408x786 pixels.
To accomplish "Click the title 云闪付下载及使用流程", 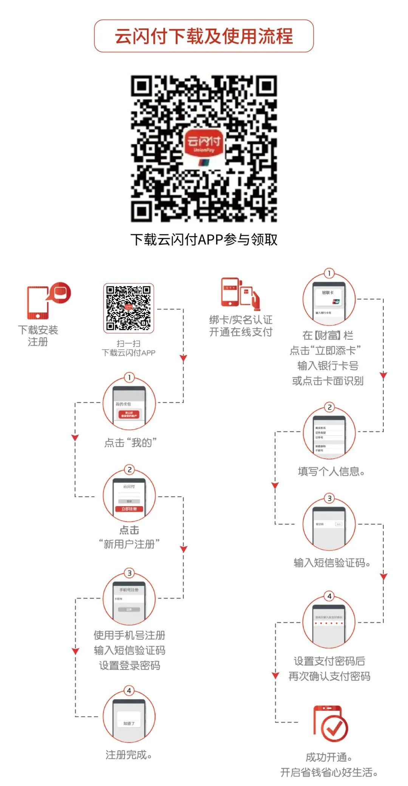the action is coord(204,36).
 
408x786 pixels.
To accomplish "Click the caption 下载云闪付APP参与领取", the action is coord(204,239).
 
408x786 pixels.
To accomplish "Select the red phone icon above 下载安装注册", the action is coord(38,302).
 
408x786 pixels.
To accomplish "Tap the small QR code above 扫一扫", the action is coord(128,308).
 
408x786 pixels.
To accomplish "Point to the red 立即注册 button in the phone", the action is coord(129,509).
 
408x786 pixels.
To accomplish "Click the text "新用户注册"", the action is coord(129,544).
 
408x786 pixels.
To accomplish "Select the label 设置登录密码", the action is coord(130,666).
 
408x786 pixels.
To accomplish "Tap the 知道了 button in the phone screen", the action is coord(129,724).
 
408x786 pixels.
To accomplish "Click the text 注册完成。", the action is coord(129,755).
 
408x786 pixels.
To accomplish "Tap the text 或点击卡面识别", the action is coord(328,381).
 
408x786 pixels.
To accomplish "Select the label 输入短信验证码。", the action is coord(332,563).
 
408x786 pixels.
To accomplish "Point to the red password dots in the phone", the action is coord(329,623).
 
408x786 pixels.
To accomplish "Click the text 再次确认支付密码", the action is coord(329,676).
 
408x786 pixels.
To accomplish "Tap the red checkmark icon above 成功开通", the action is coord(331,724).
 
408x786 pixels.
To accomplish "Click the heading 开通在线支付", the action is coord(241,332).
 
